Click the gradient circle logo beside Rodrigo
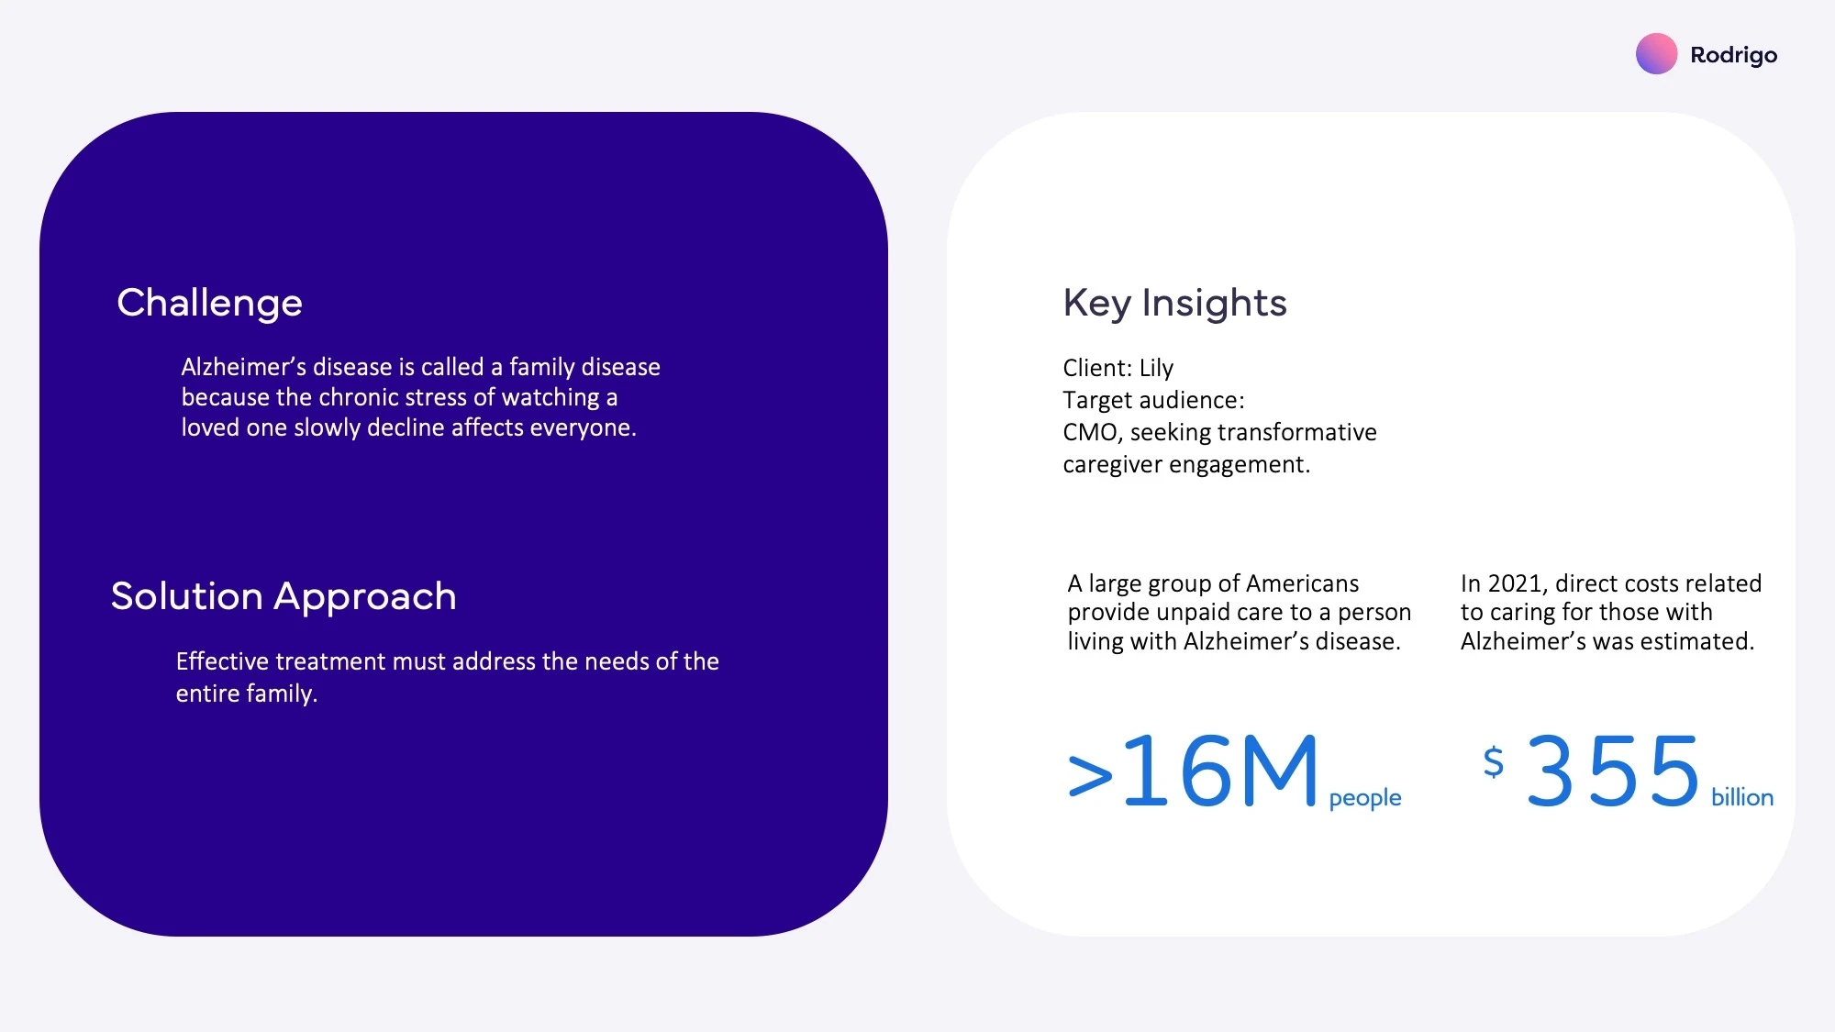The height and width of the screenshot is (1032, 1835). tap(1656, 54)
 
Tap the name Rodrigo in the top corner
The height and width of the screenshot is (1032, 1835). tap(1733, 56)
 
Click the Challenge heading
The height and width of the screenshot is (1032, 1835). tap(209, 304)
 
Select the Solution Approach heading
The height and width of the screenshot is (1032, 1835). tap(284, 597)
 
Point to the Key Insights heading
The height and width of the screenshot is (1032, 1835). tap(1174, 304)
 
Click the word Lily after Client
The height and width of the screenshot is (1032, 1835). tap(1156, 368)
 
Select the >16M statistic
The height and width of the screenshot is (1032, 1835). tap(1193, 771)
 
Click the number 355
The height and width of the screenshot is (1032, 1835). tap(1613, 771)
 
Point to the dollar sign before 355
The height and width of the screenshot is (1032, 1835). tap(1494, 761)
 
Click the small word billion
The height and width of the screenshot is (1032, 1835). tap(1742, 797)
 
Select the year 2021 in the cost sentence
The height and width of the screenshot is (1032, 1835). tap(1516, 583)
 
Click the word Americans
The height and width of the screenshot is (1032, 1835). tap(1302, 583)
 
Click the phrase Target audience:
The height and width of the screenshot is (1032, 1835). tap(1153, 401)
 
